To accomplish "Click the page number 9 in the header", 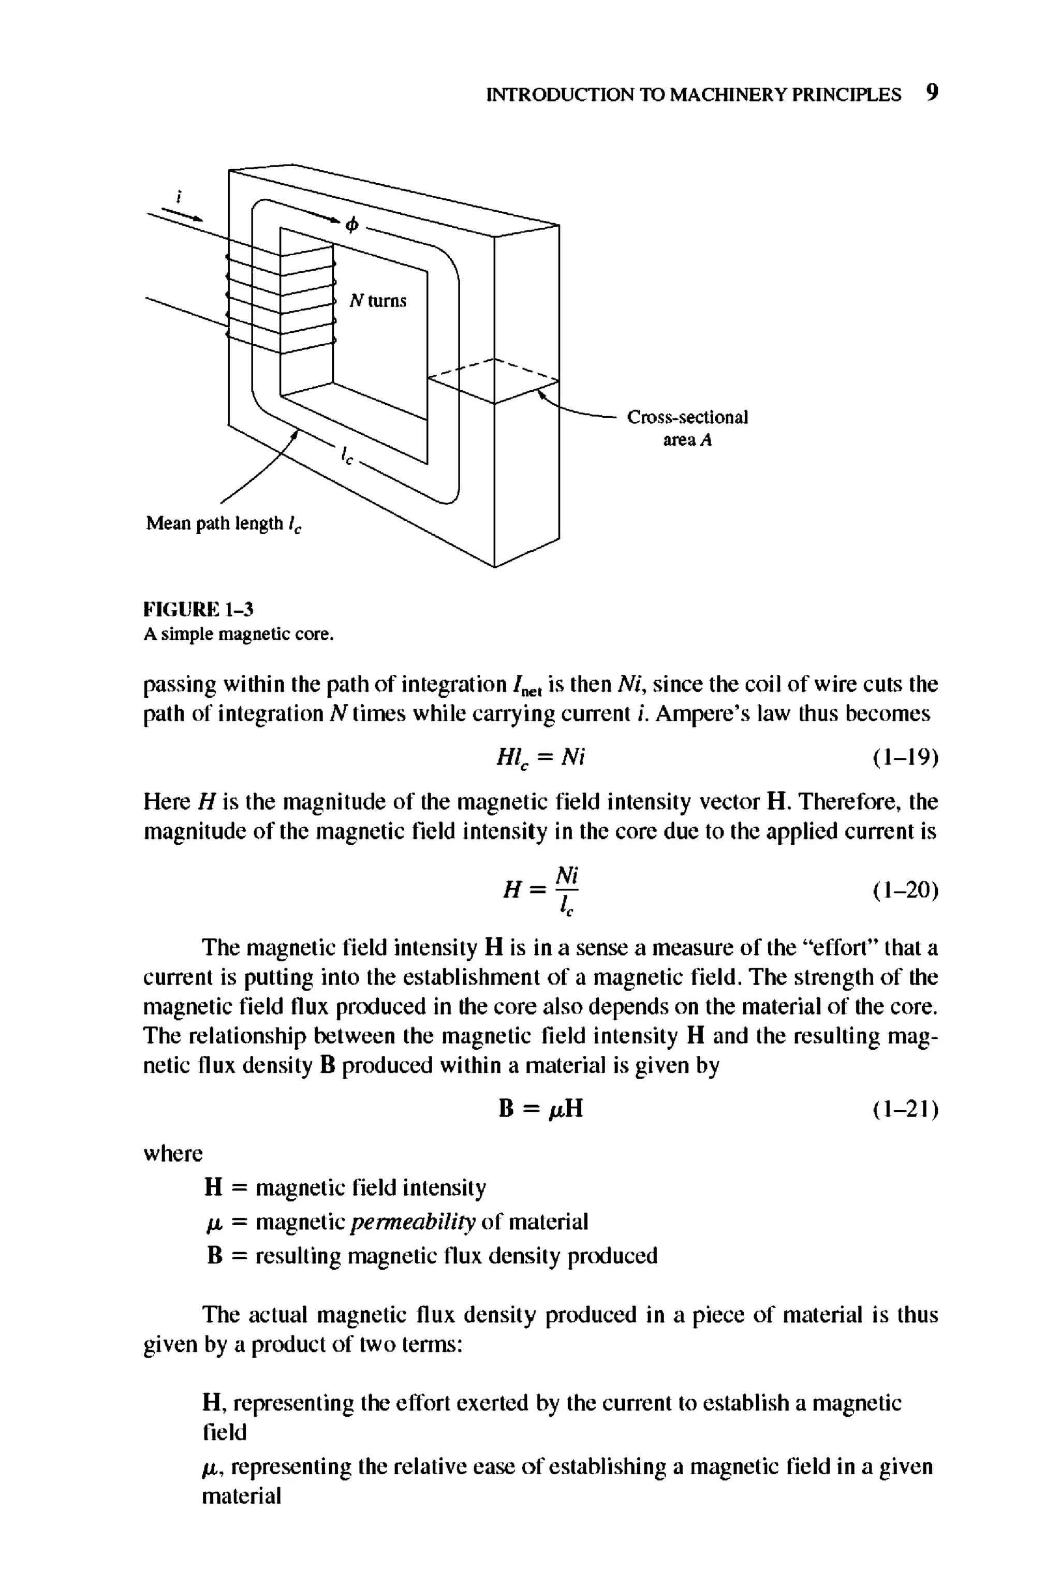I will [x=932, y=93].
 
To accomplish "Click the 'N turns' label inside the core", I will [x=378, y=301].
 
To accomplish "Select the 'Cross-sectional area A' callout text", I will [x=687, y=429].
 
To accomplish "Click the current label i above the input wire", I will [x=179, y=197].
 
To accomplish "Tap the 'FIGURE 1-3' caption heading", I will [x=198, y=610].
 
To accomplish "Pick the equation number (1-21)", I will [x=904, y=1109].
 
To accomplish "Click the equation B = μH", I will [x=539, y=1109].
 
